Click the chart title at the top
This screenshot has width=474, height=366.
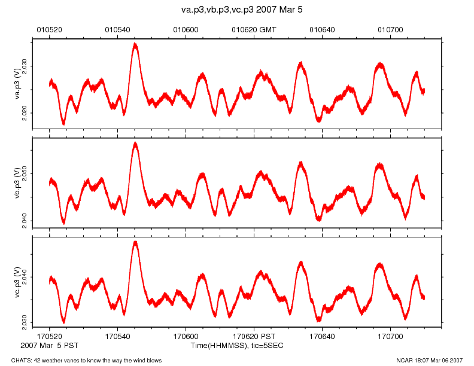click(x=237, y=10)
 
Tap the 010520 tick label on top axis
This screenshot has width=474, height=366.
click(x=49, y=29)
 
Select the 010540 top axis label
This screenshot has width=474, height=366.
click(x=117, y=29)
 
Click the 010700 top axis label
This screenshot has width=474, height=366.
click(x=390, y=29)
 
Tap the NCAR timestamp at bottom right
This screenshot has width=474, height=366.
click(x=429, y=360)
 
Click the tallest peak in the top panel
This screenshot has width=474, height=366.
click(x=136, y=44)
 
